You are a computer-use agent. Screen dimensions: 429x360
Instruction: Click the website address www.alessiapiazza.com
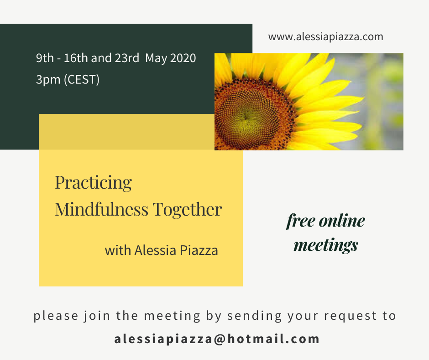point(325,37)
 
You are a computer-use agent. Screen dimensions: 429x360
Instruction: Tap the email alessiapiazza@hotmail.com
point(217,339)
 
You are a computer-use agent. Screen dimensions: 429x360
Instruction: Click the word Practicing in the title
point(93,183)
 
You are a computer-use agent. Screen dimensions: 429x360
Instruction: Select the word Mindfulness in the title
point(101,209)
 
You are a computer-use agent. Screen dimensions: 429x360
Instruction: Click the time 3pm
point(48,80)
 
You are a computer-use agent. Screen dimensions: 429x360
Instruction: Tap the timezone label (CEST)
point(82,80)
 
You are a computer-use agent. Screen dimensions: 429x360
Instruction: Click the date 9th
point(45,58)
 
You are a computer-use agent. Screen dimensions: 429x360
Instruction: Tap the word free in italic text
point(301,221)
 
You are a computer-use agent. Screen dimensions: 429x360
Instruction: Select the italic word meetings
point(325,245)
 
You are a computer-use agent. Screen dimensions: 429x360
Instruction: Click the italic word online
point(342,220)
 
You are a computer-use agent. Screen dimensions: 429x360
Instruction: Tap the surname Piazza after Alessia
point(199,250)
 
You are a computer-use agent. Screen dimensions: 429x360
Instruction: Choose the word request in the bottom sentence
point(351,316)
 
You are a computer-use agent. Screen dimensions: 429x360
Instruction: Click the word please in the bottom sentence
point(56,316)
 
